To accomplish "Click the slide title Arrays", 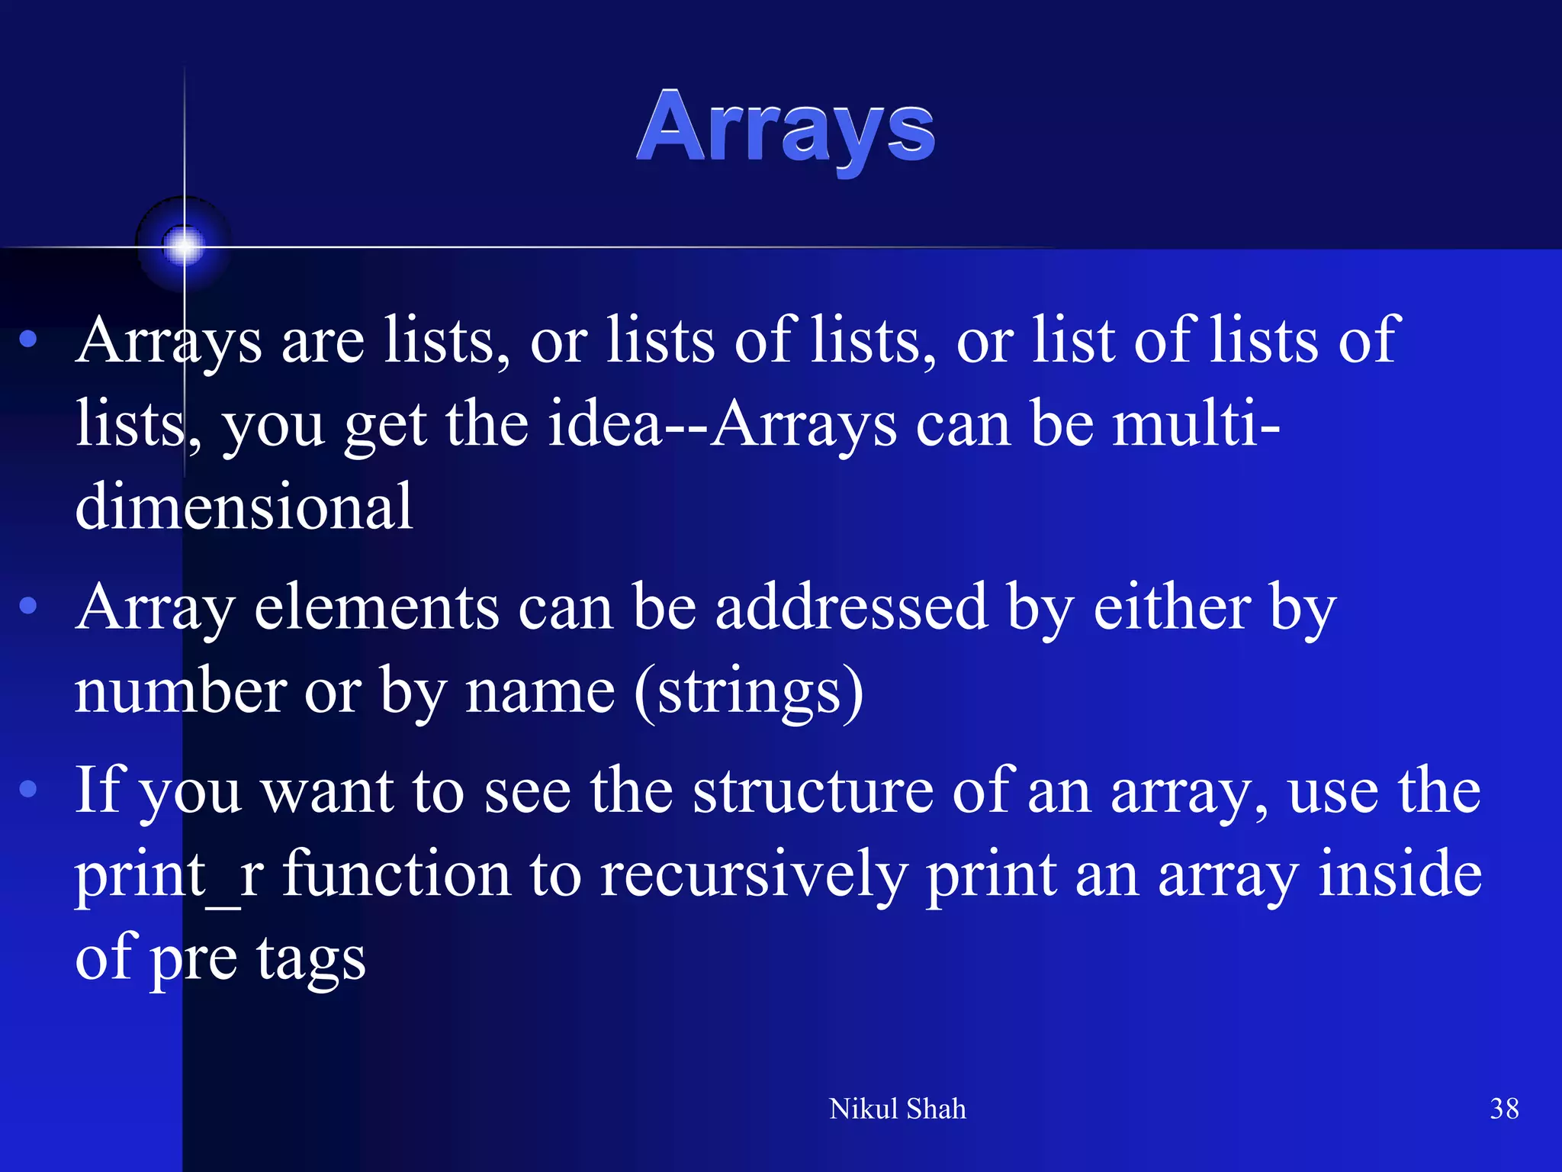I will point(786,128).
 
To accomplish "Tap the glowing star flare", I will point(184,246).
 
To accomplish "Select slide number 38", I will point(1504,1109).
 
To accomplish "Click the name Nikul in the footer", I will point(863,1109).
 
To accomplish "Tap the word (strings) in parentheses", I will point(749,691).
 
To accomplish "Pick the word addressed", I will point(850,607).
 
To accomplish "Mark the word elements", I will point(376,607).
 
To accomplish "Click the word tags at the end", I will point(310,958).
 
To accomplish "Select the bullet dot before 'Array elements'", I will point(28,607).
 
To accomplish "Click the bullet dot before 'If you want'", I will point(28,789).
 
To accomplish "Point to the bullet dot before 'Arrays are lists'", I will point(28,340).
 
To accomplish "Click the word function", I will point(397,874).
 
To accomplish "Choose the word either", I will point(1171,607).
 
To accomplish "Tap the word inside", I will point(1400,874).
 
